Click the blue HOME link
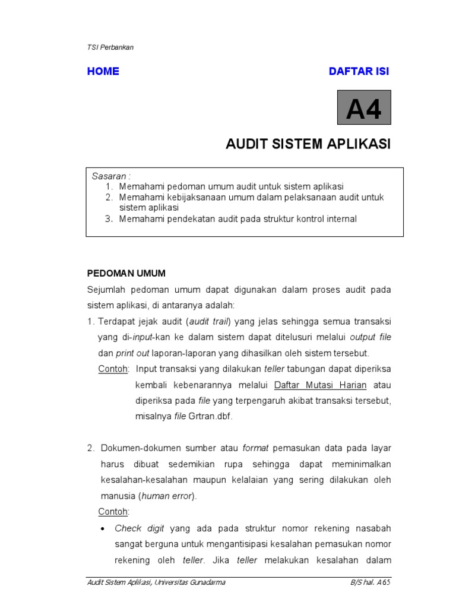pyautogui.click(x=103, y=71)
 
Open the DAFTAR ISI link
pyautogui.click(x=359, y=71)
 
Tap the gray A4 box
pyautogui.click(x=364, y=107)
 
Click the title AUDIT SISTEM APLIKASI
pyautogui.click(x=308, y=144)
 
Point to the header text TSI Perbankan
pyautogui.click(x=110, y=47)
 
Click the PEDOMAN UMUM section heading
pyautogui.click(x=126, y=273)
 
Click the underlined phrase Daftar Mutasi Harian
pyautogui.click(x=320, y=385)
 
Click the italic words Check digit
pyautogui.click(x=140, y=528)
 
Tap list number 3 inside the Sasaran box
pyautogui.click(x=109, y=219)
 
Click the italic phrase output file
pyautogui.click(x=370, y=337)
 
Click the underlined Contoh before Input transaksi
pyautogui.click(x=113, y=369)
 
